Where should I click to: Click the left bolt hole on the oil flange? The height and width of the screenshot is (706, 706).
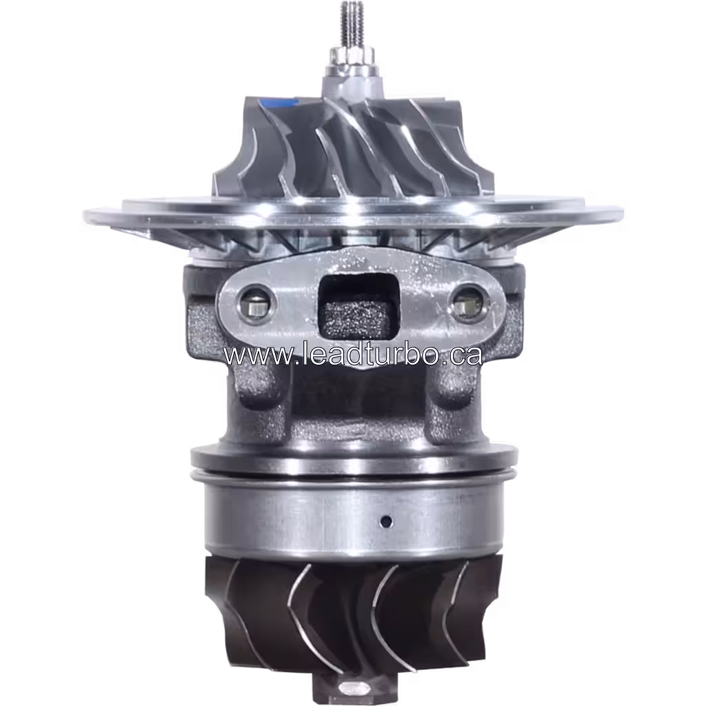pyautogui.click(x=254, y=304)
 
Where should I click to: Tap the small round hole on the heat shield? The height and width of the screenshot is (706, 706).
pyautogui.click(x=387, y=521)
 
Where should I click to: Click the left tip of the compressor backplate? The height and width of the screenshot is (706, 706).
pyautogui.click(x=85, y=214)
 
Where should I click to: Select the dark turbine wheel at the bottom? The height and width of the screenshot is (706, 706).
pyautogui.click(x=352, y=614)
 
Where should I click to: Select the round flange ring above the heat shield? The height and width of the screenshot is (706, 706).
pyautogui.click(x=353, y=458)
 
